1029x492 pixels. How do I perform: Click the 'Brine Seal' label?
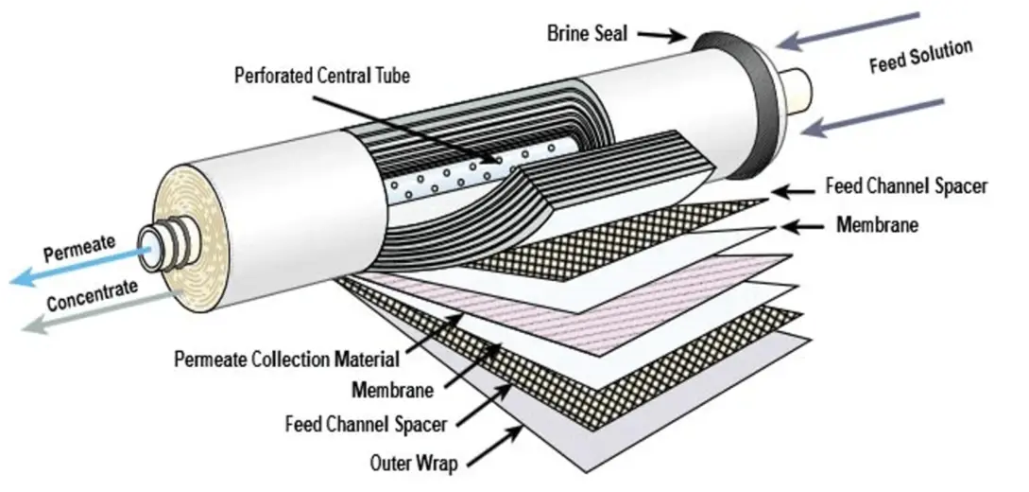pyautogui.click(x=588, y=32)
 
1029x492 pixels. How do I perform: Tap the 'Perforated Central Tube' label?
pyautogui.click(x=322, y=76)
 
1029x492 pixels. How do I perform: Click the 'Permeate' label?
pyautogui.click(x=79, y=251)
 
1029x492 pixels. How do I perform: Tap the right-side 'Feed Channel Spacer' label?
pyautogui.click(x=906, y=186)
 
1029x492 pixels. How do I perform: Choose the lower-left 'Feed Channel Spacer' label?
pyautogui.click(x=366, y=423)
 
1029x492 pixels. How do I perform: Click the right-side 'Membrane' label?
pyautogui.click(x=877, y=225)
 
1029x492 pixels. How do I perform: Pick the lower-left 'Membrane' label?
pyautogui.click(x=392, y=389)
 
